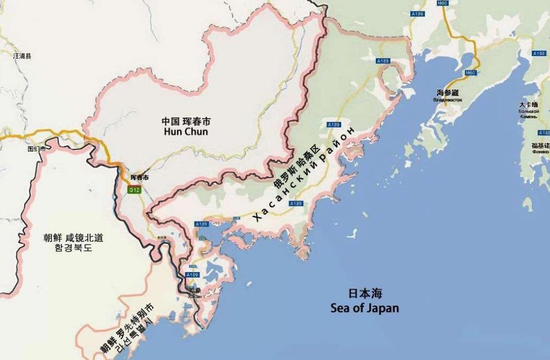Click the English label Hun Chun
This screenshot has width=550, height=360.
point(186,132)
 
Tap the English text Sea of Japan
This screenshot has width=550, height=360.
point(365,307)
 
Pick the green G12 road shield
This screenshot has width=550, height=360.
point(133,190)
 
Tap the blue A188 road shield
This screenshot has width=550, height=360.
point(538,53)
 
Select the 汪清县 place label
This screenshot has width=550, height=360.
point(22,56)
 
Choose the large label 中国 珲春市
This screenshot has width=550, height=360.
point(186,121)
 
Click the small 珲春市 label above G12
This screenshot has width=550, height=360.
point(139,178)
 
